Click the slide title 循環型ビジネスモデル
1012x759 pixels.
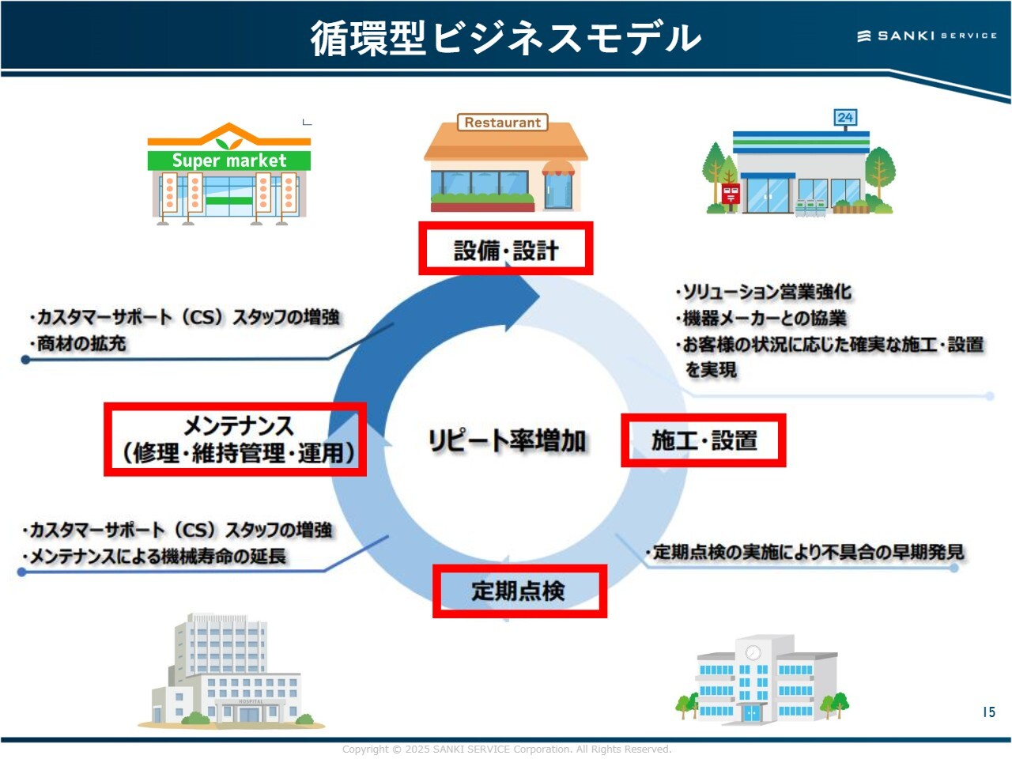[505, 37]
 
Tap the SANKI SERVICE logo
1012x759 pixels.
[927, 36]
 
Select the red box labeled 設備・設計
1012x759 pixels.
[506, 249]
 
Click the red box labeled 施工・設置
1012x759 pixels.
[704, 440]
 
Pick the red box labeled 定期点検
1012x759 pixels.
[519, 591]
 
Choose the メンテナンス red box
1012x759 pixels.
[235, 440]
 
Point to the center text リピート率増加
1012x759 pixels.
[507, 440]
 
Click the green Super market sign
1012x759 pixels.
[229, 160]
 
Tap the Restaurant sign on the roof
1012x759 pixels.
[503, 123]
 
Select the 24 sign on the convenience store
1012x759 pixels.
[845, 118]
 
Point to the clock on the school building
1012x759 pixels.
[753, 652]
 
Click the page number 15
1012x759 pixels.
[988, 712]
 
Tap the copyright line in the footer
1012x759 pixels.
[506, 749]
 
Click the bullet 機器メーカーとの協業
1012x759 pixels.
[763, 319]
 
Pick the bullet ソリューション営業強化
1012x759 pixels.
[765, 292]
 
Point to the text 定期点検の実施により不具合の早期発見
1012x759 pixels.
[806, 552]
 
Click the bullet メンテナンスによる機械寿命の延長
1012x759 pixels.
[156, 557]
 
